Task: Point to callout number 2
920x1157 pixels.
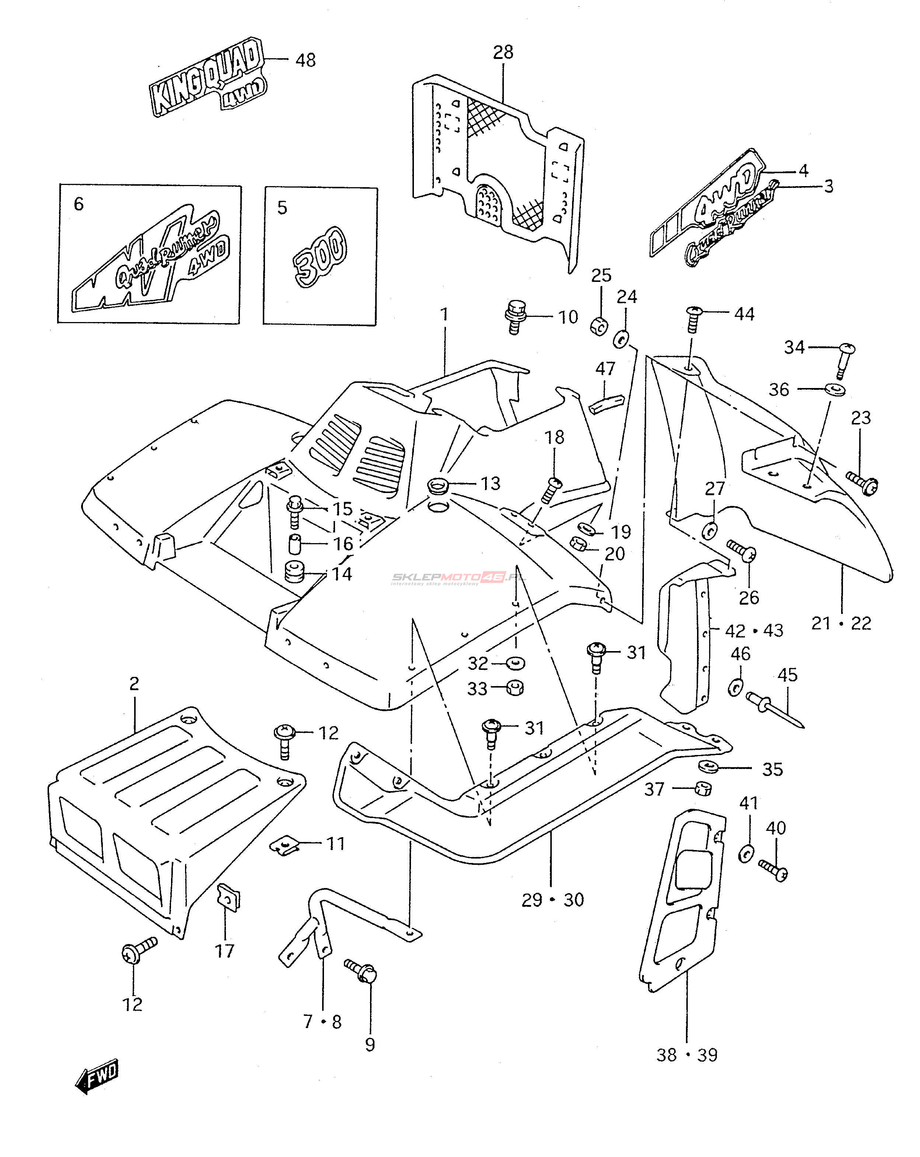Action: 134,683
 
